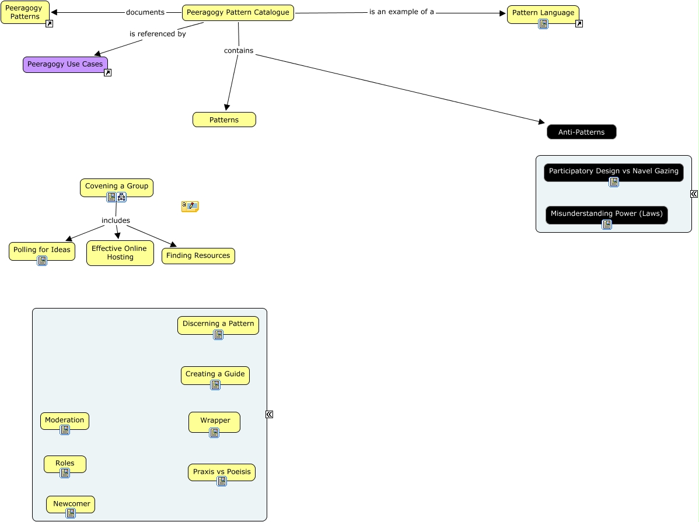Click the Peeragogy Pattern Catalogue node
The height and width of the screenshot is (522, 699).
(237, 12)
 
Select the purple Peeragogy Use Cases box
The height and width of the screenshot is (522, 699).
(65, 64)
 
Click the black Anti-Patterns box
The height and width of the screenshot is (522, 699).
(581, 132)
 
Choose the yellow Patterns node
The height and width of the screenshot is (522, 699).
(224, 120)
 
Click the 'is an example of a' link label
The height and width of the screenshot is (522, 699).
(401, 12)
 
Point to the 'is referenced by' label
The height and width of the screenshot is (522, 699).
(158, 34)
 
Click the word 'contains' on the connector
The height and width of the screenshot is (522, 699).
(239, 51)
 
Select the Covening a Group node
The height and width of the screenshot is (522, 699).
(117, 186)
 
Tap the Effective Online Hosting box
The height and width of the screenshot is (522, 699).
(120, 253)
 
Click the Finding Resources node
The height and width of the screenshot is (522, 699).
(198, 255)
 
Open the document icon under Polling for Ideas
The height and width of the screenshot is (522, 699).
(42, 261)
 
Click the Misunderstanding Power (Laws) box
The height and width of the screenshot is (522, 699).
(606, 213)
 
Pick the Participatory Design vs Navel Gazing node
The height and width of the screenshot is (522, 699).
(613, 171)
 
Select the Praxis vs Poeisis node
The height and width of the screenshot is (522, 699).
(221, 471)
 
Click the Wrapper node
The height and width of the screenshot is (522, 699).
(214, 420)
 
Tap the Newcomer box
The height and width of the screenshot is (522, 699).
(71, 503)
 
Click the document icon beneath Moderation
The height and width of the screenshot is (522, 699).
(65, 430)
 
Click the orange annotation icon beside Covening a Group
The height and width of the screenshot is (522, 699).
(190, 206)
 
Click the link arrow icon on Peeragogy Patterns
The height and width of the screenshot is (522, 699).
(50, 24)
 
